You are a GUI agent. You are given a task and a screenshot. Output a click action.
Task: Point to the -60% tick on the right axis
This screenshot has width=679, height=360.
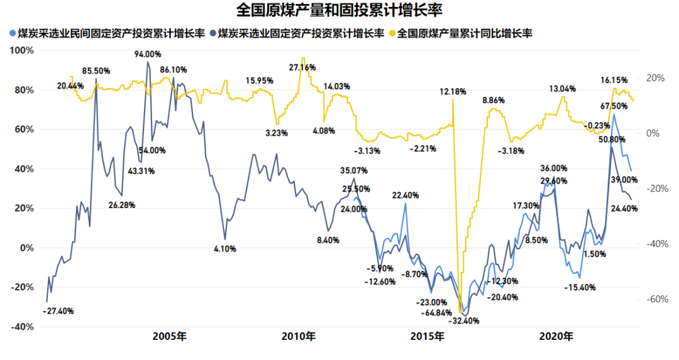(x=652, y=299)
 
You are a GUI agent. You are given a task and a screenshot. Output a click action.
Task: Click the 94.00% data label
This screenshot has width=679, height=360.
(x=148, y=54)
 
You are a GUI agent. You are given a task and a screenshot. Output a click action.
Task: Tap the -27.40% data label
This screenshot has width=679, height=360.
(x=59, y=310)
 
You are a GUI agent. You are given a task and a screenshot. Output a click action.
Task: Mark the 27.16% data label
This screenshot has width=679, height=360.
(x=302, y=67)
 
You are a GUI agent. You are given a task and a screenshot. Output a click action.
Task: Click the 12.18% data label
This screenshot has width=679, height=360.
(x=453, y=92)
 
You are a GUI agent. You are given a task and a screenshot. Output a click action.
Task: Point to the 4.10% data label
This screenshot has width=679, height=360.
(x=225, y=249)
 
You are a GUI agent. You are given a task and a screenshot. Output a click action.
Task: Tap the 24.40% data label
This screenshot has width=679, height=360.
(x=624, y=209)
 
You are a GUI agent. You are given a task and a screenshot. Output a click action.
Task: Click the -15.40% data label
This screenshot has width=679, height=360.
(x=578, y=287)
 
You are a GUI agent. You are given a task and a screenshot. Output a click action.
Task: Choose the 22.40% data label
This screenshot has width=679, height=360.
(x=406, y=195)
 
